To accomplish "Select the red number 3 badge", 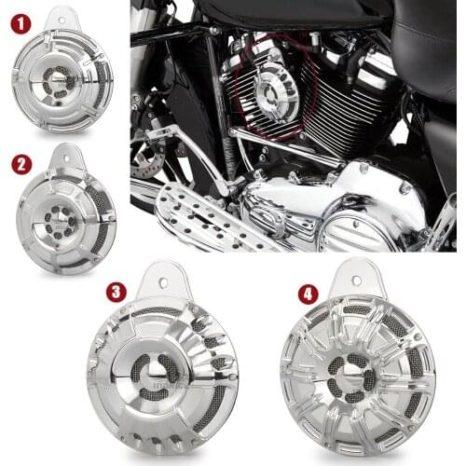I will (x=116, y=292).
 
